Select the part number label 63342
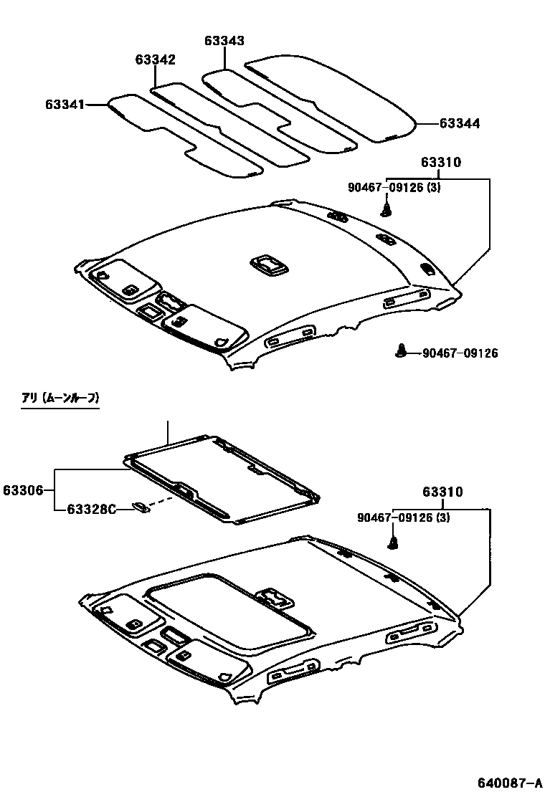click(x=155, y=59)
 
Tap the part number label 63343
click(x=224, y=42)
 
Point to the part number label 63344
click(x=459, y=123)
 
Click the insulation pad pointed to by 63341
click(x=179, y=136)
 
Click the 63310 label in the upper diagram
click(x=441, y=163)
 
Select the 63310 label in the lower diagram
click(x=442, y=492)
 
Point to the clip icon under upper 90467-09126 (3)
click(x=387, y=209)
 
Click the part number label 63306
click(x=23, y=490)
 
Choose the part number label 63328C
click(x=91, y=510)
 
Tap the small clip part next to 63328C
click(x=141, y=508)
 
